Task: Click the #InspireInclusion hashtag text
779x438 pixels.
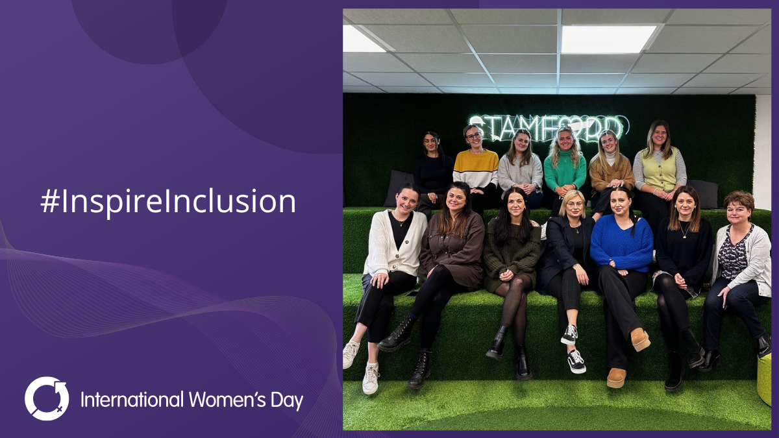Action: click(168, 202)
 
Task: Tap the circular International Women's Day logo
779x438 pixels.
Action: click(47, 398)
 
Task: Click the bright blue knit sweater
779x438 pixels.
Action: click(622, 244)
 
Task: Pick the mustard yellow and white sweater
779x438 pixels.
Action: click(476, 168)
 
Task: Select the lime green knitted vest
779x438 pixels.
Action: click(659, 169)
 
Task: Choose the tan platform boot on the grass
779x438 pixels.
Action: click(640, 338)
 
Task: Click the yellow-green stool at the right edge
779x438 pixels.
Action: click(765, 379)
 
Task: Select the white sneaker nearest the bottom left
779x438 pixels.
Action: click(371, 378)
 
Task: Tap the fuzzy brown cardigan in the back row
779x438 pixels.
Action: click(610, 173)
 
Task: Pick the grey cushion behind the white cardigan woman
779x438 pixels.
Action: click(397, 188)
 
